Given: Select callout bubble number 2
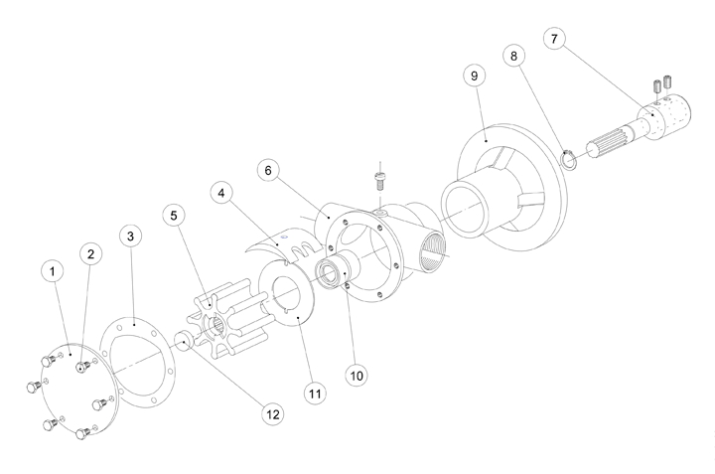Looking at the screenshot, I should pos(91,254).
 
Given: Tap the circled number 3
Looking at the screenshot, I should pos(131,237).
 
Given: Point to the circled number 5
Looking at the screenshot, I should pos(175,215).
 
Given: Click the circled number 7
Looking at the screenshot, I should pos(556,39).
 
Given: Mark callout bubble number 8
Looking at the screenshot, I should pos(513,57).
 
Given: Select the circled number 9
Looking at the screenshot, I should pos(475,76).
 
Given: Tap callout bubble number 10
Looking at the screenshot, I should pos(357,375).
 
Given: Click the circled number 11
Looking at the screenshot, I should pos(315,394).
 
